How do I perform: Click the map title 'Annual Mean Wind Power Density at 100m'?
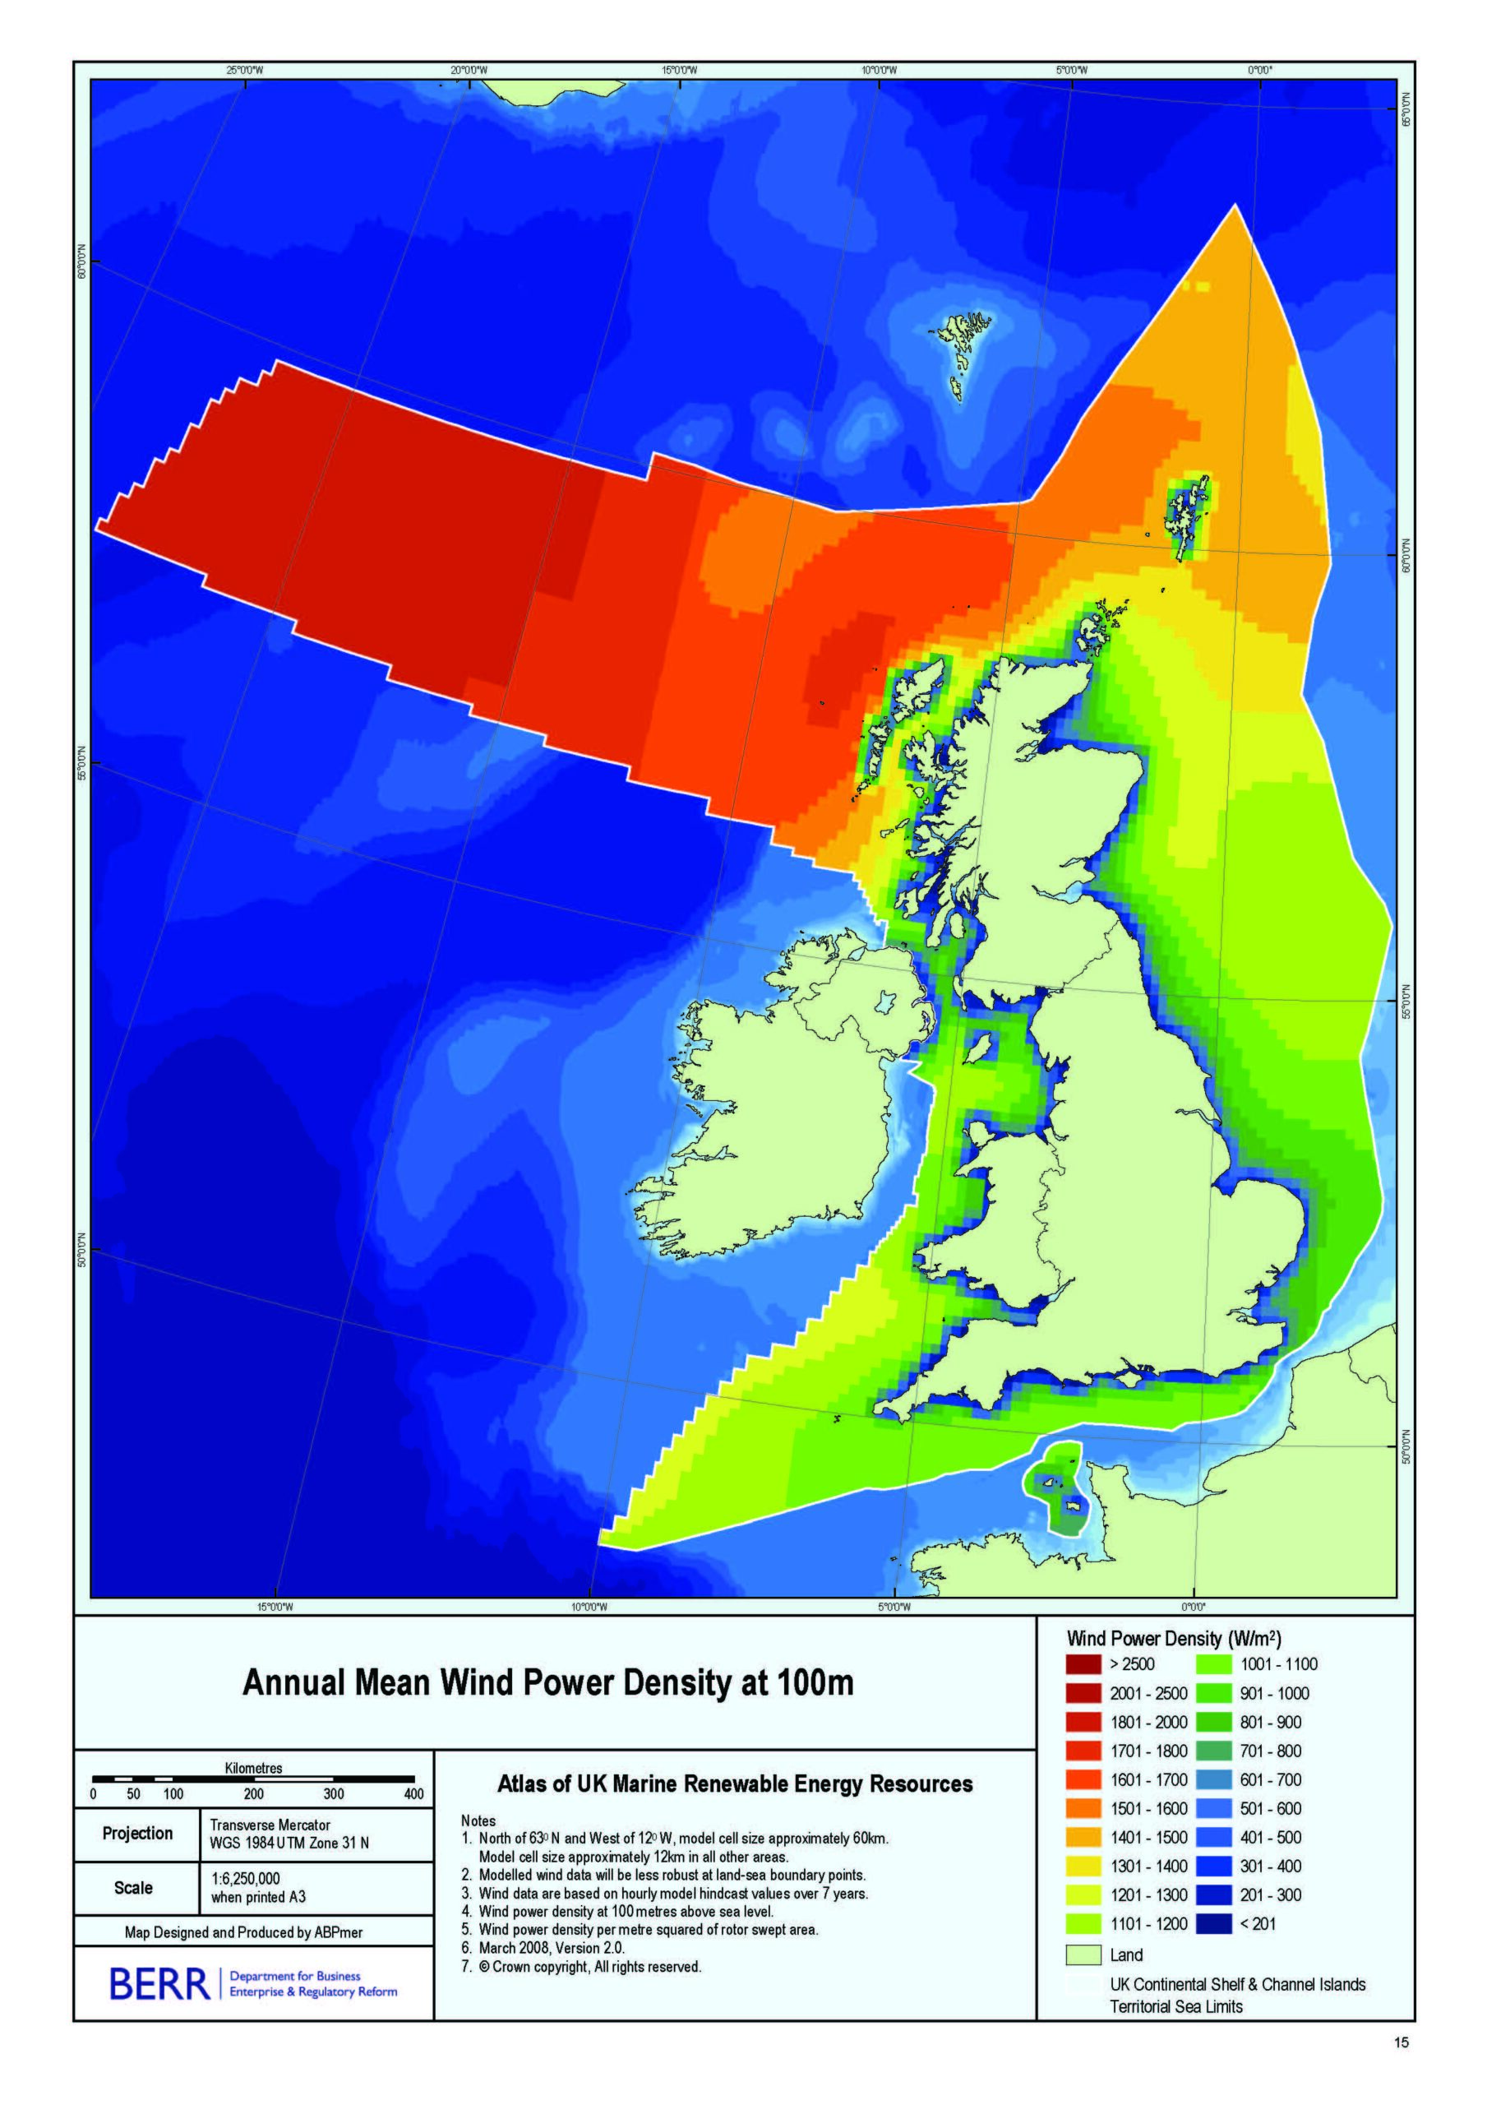(547, 1683)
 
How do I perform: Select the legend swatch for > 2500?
(1083, 1664)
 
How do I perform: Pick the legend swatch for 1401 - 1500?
(1083, 1837)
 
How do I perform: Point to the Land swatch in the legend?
(1083, 1955)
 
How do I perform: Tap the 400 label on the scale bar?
(413, 1794)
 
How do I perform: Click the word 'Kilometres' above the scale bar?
(254, 1768)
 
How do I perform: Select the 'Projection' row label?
(137, 1834)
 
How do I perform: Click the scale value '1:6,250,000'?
(246, 1879)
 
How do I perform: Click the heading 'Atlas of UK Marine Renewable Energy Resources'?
(734, 1784)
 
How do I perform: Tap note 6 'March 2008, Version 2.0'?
(551, 1948)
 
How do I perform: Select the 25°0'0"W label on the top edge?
(245, 71)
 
